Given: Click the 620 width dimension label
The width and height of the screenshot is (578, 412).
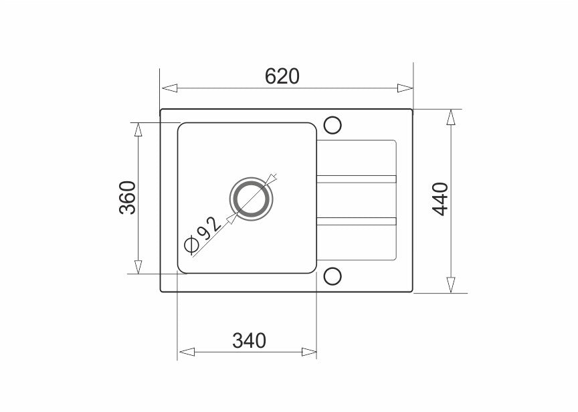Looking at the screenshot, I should point(282,76).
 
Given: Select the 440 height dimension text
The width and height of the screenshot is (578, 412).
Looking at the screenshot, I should point(440,199).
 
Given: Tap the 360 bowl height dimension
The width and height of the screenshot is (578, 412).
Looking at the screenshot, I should point(128,198).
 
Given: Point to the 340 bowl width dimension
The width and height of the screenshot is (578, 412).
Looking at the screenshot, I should point(250,340).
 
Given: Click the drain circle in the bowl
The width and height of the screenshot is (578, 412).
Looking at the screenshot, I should point(251,200).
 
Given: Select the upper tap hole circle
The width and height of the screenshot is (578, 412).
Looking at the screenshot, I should point(332,125).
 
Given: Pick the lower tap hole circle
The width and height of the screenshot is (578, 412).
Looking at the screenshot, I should point(332,276).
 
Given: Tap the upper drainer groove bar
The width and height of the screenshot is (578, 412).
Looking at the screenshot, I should point(357,179).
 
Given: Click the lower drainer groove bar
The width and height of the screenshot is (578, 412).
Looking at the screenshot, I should point(357,221).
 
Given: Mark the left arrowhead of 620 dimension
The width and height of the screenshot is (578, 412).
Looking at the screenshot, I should point(169,88).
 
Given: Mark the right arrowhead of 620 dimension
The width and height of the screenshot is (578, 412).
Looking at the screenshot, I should point(405,88).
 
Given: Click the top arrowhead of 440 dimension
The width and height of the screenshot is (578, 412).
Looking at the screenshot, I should point(452,118).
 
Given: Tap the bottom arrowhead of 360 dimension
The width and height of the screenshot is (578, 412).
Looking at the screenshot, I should point(138,266).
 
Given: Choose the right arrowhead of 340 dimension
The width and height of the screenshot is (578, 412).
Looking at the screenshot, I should point(308,352).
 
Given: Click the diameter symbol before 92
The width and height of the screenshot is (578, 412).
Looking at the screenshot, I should point(191,245).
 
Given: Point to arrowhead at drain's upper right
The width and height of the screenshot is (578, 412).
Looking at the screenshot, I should point(271,179).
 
